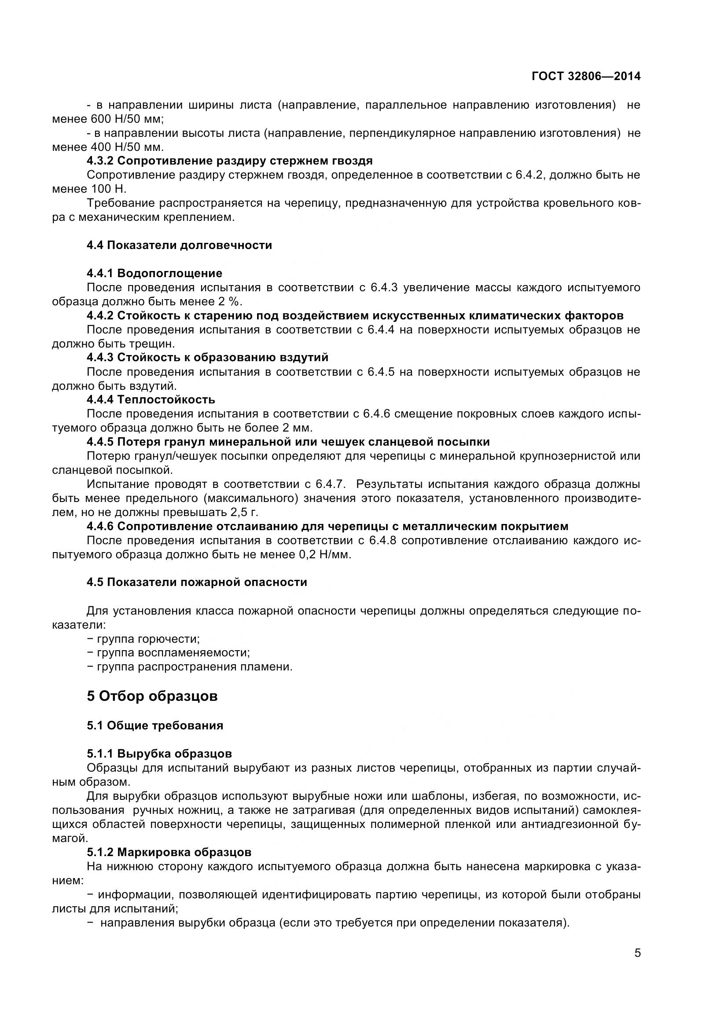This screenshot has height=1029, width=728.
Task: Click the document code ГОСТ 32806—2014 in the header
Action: (x=586, y=77)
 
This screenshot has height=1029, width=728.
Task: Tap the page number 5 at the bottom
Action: (x=637, y=965)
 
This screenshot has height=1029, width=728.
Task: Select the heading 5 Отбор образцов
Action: (x=152, y=696)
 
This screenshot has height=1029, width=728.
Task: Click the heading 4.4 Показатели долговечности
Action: (x=179, y=245)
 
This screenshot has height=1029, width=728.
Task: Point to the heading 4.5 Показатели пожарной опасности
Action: (x=197, y=582)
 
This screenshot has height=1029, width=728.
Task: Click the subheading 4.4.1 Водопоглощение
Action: (x=154, y=273)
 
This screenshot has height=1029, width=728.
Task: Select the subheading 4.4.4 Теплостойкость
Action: (x=151, y=399)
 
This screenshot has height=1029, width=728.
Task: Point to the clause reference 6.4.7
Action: (x=331, y=484)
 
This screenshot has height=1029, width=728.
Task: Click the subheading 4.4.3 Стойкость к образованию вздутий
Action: (x=208, y=357)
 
